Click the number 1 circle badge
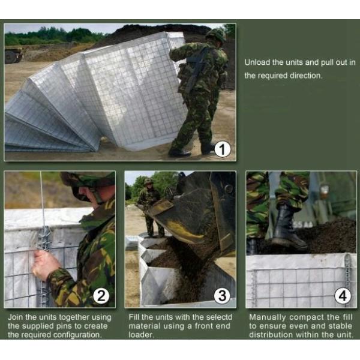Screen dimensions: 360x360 coord(222,148)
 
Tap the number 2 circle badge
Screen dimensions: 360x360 coord(101,295)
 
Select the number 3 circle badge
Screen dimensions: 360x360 coord(222,295)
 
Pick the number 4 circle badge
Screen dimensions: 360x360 coord(343,295)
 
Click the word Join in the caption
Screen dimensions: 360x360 coord(16,317)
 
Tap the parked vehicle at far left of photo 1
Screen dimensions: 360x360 coord(13,55)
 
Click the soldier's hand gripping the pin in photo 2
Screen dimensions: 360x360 coord(45,265)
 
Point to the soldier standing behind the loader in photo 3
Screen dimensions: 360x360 coord(149,207)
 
